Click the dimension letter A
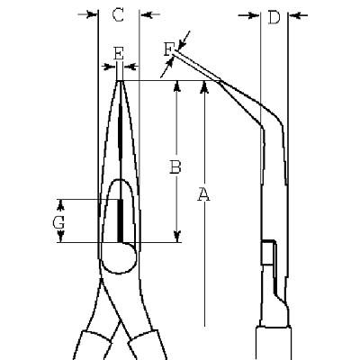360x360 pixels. [203, 194]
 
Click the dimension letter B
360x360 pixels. [175, 167]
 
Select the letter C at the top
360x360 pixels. [118, 15]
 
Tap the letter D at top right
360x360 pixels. [274, 17]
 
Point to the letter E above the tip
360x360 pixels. [119, 53]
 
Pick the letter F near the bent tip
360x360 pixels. [168, 49]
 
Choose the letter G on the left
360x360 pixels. [58, 223]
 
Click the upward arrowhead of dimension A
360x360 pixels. [204, 86]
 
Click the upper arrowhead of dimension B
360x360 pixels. [177, 86]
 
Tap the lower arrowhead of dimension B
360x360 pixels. [177, 237]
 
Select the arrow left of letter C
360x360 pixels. [87, 14]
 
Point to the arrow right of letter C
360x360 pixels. [150, 14]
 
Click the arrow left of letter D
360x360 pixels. [248, 15]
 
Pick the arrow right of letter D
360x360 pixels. [298, 15]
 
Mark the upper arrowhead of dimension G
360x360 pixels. [60, 205]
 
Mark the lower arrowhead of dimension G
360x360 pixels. [60, 236]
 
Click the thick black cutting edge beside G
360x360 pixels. [121, 220]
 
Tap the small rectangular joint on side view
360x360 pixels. [268, 252]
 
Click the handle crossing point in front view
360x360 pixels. [120, 322]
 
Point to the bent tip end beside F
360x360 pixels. [175, 52]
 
